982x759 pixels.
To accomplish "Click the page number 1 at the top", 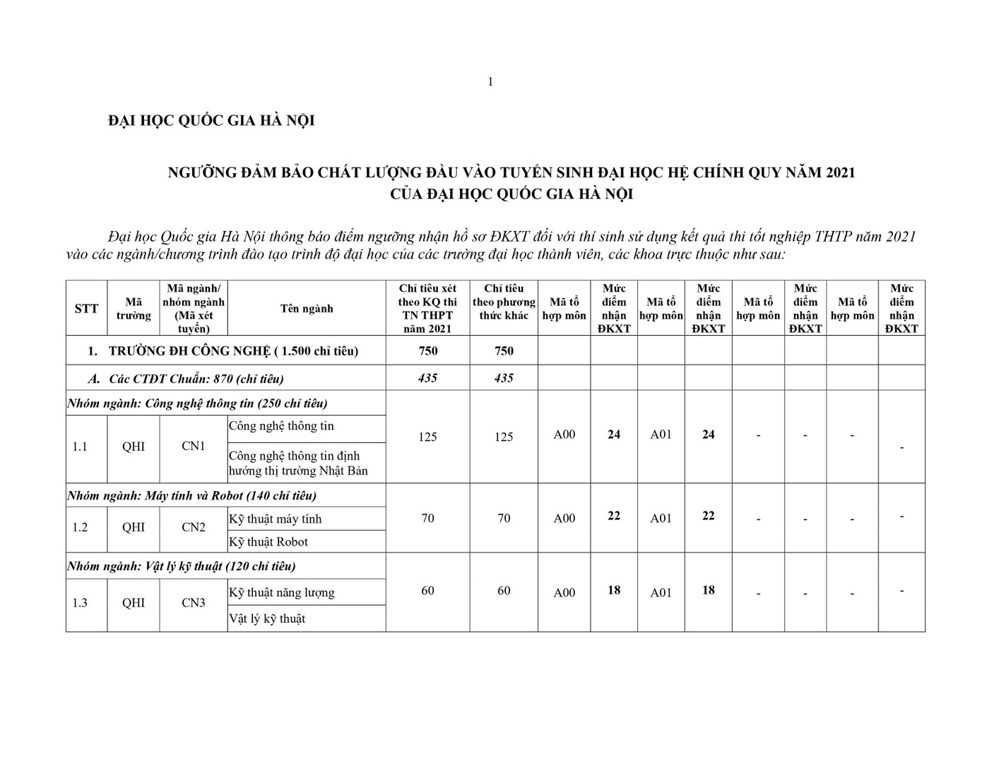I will point(490,82).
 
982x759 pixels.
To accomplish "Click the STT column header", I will point(86,309).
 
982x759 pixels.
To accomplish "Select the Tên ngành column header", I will point(307,309).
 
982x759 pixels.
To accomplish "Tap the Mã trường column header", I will point(134,309).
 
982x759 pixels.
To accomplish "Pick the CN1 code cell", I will point(194,446).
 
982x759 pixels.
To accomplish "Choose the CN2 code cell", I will point(194,527).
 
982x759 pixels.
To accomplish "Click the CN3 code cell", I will point(194,603).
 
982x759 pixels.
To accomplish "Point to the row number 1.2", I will point(80,527).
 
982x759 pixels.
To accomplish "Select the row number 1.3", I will point(80,603).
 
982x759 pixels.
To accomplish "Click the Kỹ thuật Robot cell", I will point(268,542).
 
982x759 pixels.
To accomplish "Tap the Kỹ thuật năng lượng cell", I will point(281,593).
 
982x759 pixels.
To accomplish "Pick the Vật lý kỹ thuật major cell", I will point(267,619).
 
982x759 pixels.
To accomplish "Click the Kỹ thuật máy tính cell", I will point(275,519).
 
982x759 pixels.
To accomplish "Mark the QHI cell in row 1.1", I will point(134,447).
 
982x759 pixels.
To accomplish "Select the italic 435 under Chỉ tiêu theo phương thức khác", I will point(504,378).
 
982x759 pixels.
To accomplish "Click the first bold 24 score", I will point(614,435).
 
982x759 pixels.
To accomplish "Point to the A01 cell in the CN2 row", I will point(661,519).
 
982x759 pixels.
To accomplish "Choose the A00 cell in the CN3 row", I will point(564,593).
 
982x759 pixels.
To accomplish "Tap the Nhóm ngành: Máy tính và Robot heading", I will point(192,496).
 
